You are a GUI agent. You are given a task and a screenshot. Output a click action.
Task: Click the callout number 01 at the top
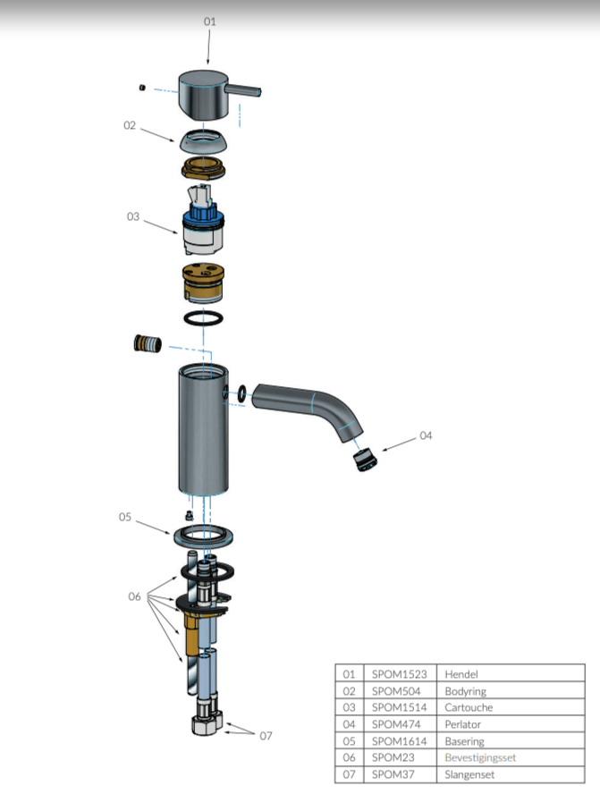209,21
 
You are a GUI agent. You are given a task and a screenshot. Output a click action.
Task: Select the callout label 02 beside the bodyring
130,126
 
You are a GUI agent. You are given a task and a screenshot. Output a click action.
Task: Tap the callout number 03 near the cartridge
132,216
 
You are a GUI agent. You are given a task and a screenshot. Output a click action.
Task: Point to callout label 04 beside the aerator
426,435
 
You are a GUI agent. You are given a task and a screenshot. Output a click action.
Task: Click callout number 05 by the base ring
125,517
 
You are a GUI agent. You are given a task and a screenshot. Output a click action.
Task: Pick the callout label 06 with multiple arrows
134,596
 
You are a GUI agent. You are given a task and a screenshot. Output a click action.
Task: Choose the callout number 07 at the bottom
266,736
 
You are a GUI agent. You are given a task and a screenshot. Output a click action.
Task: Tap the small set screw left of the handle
142,87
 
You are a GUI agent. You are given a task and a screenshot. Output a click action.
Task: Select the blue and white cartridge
203,229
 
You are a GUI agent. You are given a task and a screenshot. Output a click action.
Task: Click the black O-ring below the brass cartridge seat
203,317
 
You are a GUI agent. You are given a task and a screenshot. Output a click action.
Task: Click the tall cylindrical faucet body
201,429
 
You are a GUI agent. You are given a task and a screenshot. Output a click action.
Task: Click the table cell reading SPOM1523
400,674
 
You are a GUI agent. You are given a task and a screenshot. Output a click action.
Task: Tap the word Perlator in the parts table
463,724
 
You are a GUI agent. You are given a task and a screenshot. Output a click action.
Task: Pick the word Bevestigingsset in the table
481,757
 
